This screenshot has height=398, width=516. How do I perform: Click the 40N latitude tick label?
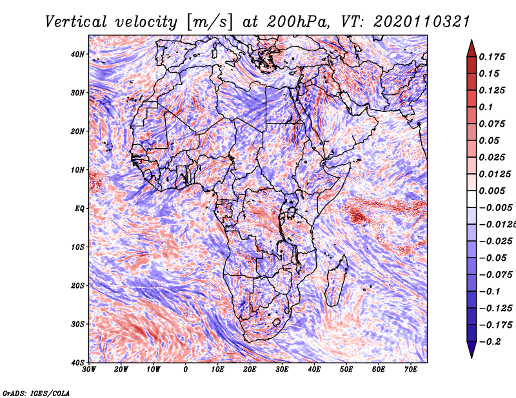click(77, 54)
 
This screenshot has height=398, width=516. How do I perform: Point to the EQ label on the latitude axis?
click(79, 209)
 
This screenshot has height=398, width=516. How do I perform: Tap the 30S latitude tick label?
click(77, 325)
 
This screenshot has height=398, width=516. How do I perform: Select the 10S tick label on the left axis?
click(77, 247)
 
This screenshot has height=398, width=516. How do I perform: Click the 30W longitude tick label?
click(89, 370)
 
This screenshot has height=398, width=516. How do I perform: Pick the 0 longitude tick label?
click(186, 370)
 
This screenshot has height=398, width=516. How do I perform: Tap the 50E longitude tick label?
click(346, 370)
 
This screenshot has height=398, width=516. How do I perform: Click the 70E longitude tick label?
click(411, 370)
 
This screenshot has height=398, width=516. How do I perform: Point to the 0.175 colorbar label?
click(491, 57)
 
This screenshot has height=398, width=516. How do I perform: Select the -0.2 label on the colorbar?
click(490, 342)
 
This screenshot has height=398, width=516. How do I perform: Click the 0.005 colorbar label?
click(491, 191)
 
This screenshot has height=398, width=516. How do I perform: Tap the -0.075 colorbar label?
click(495, 275)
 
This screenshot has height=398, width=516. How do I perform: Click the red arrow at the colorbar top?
click(471, 50)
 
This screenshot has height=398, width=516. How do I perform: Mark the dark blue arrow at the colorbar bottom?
click(471, 349)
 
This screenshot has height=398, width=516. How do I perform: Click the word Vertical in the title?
click(76, 22)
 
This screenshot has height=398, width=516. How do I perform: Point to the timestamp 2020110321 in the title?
click(421, 22)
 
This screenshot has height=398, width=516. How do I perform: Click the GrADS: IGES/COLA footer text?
click(36, 393)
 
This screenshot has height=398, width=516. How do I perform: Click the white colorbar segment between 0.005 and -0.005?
click(471, 199)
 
